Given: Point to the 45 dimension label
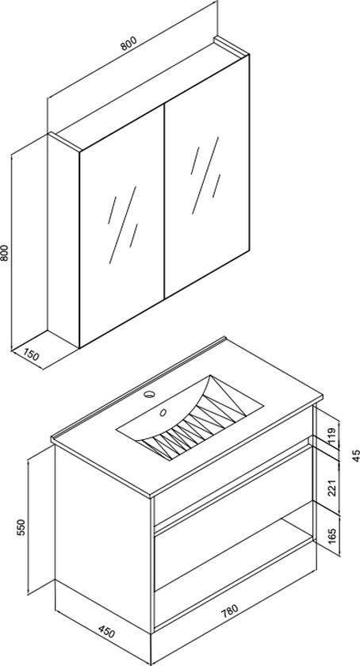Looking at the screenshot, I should tap(355, 455).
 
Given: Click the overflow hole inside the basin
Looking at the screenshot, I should tap(165, 412).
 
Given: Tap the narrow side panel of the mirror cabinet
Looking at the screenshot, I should tap(63, 238).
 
